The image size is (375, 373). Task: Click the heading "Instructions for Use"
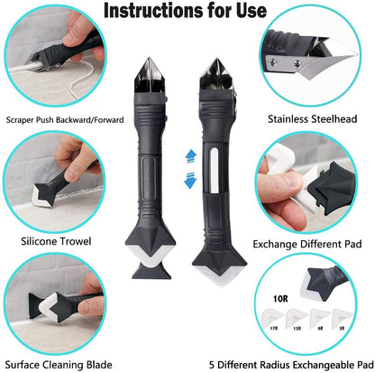(187, 13)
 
